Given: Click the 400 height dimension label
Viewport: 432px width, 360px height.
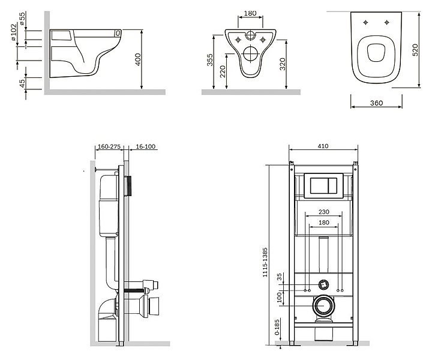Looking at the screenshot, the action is pyautogui.click(x=139, y=59).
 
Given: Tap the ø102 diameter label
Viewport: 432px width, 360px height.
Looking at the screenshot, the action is pyautogui.click(x=14, y=32).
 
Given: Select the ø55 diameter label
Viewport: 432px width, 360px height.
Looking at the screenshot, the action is pyautogui.click(x=22, y=18).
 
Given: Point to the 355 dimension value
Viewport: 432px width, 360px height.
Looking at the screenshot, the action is pyautogui.click(x=210, y=60).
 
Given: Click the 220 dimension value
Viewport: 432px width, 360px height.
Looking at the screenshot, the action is pyautogui.click(x=223, y=71).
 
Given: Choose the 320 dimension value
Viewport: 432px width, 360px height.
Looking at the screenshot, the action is pyautogui.click(x=283, y=64).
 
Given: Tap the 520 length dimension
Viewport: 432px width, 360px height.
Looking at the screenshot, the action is pyautogui.click(x=415, y=50).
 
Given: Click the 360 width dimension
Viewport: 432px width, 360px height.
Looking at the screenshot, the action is pyautogui.click(x=376, y=103).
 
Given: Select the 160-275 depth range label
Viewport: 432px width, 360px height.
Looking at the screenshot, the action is pyautogui.click(x=109, y=146).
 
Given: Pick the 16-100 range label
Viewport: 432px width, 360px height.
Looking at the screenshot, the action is pyautogui.click(x=146, y=146).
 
